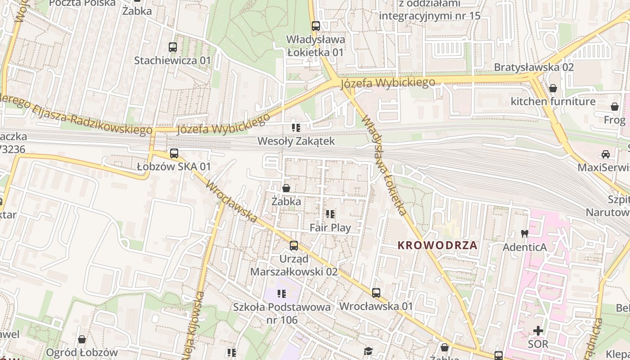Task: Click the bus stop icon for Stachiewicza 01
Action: click(173, 47)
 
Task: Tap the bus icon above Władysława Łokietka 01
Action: click(316, 26)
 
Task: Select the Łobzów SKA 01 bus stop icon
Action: click(174, 153)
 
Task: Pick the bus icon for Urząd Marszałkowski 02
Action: click(294, 246)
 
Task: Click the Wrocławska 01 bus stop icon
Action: click(376, 293)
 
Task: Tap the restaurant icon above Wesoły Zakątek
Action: click(296, 128)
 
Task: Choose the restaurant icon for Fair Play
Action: click(330, 214)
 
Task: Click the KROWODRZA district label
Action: click(437, 246)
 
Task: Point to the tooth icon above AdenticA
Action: click(524, 234)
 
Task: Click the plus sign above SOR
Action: click(538, 331)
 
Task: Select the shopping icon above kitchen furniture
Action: click(553, 88)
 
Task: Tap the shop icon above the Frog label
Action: click(615, 107)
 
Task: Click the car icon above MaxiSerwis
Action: click(606, 154)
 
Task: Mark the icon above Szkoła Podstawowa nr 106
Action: click(282, 294)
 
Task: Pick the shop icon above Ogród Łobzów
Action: click(82, 339)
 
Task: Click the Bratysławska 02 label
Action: click(534, 67)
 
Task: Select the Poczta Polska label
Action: click(82, 3)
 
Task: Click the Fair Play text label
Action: click(330, 228)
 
